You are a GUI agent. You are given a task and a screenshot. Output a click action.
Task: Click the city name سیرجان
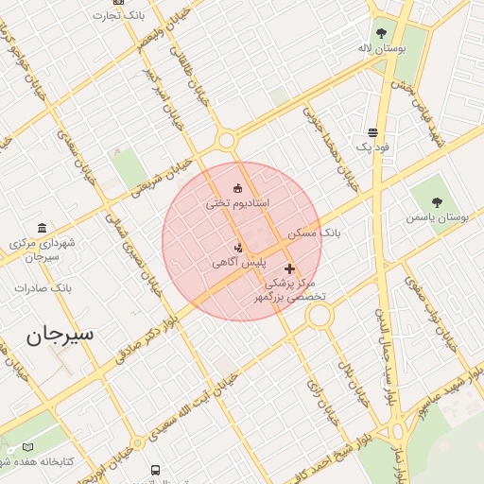pyautogui.click(x=62, y=334)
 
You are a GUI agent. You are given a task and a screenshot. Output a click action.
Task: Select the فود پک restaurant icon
pyautogui.click(x=372, y=132)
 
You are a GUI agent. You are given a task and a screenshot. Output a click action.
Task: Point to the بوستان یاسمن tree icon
pyautogui.click(x=437, y=201)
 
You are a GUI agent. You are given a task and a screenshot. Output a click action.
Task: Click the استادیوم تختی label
pyautogui.click(x=238, y=203)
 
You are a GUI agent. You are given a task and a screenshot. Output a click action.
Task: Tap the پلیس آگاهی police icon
pyautogui.click(x=237, y=248)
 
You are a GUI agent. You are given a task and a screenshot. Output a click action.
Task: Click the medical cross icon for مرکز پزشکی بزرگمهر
pyautogui.click(x=289, y=269)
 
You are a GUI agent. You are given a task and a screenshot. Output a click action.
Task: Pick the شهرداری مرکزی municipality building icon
pyautogui.click(x=42, y=228)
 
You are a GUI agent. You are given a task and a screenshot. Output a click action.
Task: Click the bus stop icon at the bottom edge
pyautogui.click(x=155, y=469)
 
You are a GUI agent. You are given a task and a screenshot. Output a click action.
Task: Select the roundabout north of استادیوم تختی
pyautogui.click(x=226, y=141)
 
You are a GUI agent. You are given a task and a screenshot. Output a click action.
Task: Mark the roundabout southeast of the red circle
pyautogui.click(x=320, y=315)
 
